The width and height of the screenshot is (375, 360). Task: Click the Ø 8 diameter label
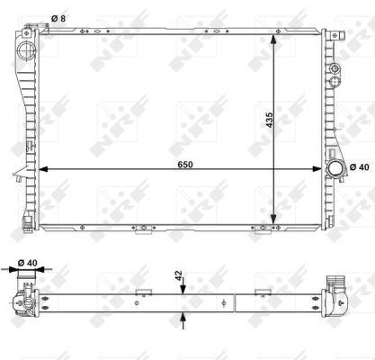coord(58,19)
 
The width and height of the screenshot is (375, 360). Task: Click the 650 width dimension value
coord(185,165)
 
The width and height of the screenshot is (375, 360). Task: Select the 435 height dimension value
coord(270,120)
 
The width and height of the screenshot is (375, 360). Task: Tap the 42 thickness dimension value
coord(179,275)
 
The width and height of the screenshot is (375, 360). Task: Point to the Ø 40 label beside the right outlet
coord(360,167)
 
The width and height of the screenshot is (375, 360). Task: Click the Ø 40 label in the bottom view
coord(28,263)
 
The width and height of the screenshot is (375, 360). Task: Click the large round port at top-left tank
coord(26,50)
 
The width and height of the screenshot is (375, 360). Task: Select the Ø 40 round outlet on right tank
coord(335,168)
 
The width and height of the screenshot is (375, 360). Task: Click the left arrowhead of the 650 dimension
coord(44,169)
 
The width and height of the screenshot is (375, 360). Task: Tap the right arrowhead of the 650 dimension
coord(317,169)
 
